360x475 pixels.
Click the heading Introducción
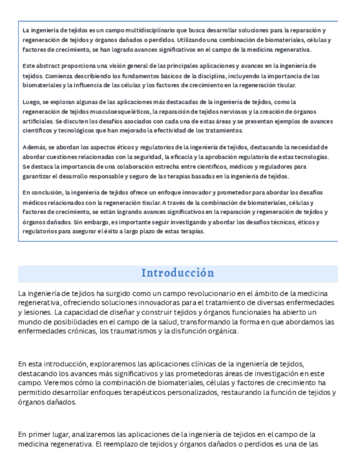(177, 273)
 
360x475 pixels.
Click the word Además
(33, 146)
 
